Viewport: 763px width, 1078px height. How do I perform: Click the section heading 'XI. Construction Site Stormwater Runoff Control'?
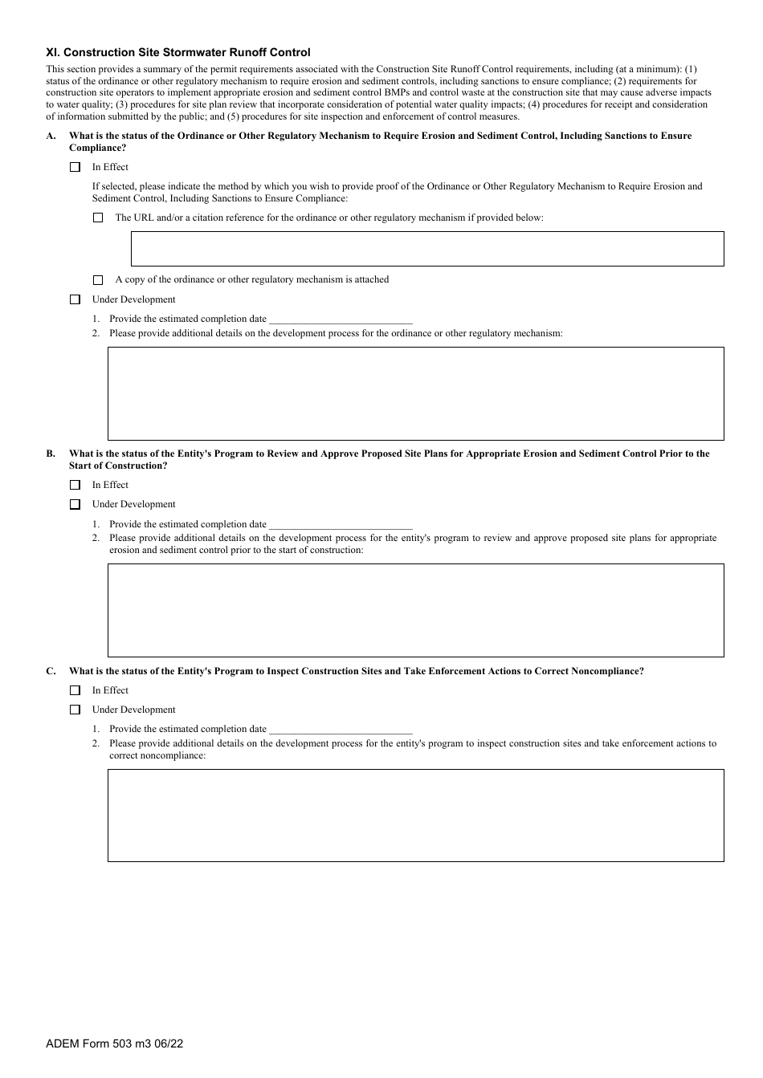[x=177, y=52]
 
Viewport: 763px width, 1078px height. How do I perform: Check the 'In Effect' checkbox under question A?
[x=75, y=167]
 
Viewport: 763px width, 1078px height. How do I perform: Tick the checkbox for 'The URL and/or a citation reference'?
[x=98, y=218]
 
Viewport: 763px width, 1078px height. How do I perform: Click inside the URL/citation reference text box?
[x=426, y=249]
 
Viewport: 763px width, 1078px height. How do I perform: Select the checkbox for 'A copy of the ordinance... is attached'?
[x=98, y=280]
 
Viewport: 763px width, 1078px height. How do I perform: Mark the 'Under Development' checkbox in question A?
[x=75, y=299]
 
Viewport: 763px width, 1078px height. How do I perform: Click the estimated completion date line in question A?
[x=340, y=319]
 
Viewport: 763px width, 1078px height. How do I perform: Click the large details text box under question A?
[x=415, y=393]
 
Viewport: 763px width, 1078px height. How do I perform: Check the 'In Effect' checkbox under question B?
[x=75, y=485]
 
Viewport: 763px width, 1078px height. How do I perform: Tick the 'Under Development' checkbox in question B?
[x=75, y=504]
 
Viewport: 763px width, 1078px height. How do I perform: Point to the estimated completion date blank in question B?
[x=340, y=525]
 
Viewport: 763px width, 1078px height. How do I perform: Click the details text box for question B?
[x=415, y=610]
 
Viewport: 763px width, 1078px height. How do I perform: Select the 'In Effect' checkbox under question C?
[x=75, y=690]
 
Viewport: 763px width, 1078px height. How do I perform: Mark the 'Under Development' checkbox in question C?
[x=75, y=710]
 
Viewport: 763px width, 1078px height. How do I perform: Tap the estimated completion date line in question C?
[x=340, y=730]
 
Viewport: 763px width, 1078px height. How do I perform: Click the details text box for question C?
[x=415, y=816]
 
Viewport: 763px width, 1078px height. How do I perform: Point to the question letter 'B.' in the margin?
[x=51, y=454]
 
